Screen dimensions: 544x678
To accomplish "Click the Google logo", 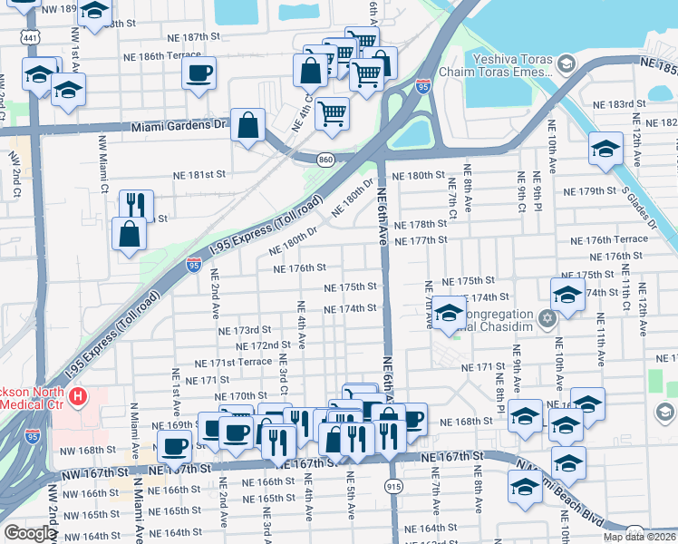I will click(x=29, y=533).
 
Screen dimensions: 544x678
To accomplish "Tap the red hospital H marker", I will click(x=79, y=395).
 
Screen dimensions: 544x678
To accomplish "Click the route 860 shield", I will click(x=324, y=160).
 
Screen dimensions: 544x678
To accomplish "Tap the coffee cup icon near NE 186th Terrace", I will click(x=199, y=73).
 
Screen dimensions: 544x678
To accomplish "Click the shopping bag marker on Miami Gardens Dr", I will click(x=247, y=125).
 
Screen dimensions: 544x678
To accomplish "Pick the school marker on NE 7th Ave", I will click(x=448, y=313).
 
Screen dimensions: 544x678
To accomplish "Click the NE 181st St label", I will click(x=199, y=174).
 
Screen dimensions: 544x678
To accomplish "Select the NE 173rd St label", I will click(x=245, y=330).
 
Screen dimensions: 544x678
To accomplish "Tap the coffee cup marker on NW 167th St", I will click(x=174, y=444).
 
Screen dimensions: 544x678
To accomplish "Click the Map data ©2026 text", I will click(x=640, y=537).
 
